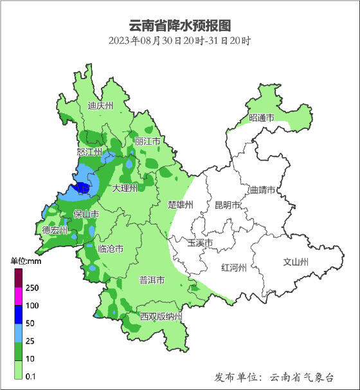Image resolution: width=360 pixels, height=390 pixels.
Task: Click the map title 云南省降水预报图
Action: (179, 25)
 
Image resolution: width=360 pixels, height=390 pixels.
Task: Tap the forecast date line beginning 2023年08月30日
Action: (179, 41)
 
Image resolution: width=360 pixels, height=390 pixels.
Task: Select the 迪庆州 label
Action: (100, 106)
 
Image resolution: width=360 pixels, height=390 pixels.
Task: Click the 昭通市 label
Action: (262, 118)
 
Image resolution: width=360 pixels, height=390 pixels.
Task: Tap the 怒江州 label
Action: (89, 152)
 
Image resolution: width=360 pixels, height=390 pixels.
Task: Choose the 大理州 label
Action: (125, 189)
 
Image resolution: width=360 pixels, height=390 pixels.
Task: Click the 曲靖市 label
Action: (262, 190)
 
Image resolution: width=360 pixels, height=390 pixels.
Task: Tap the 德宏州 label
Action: (55, 230)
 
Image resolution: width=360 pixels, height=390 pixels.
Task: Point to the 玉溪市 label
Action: (200, 243)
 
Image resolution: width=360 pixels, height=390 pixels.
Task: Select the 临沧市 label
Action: (111, 249)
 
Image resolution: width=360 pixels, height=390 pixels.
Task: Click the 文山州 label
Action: (296, 262)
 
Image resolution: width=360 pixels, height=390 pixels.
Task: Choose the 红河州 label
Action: (233, 268)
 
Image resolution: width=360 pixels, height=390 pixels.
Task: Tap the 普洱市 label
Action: (152, 281)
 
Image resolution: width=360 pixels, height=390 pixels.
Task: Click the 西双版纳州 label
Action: (161, 317)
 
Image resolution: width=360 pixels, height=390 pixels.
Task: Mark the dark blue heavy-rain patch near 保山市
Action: (82, 188)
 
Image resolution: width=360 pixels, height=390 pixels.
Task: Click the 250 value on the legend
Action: (33, 288)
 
